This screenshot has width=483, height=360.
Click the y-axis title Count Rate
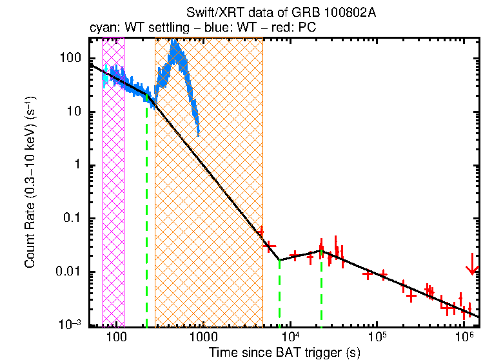[x=30, y=183]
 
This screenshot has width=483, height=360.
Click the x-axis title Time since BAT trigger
[x=284, y=352]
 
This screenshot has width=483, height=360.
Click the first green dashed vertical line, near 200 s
[x=146, y=213]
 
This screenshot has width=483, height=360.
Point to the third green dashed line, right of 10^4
[x=321, y=290]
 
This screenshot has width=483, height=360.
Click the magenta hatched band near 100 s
[x=113, y=181]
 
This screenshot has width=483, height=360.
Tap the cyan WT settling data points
[x=105, y=75]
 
